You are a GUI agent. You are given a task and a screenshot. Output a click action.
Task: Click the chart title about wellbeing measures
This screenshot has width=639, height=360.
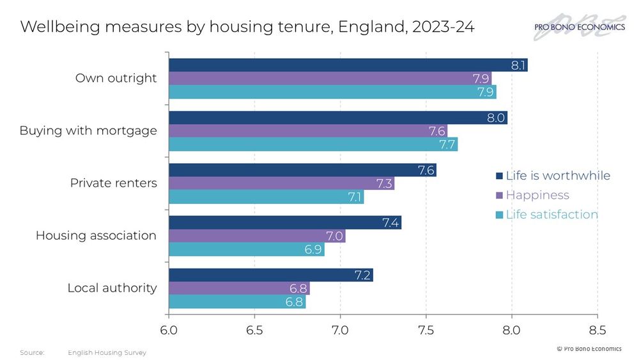(247, 27)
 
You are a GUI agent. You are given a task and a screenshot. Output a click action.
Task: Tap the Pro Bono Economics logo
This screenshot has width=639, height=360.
(579, 27)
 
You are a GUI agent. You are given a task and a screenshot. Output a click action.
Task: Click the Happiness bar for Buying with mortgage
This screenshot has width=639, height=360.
(307, 131)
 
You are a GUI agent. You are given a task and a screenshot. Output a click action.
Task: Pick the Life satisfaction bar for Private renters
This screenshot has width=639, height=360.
(266, 197)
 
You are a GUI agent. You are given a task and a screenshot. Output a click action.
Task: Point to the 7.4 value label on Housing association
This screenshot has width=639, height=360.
(391, 223)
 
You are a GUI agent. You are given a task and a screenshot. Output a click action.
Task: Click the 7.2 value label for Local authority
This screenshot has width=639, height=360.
(363, 276)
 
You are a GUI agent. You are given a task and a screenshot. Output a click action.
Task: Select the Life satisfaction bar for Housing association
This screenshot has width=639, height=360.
(246, 249)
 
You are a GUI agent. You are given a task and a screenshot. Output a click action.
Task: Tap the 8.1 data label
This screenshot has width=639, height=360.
(518, 65)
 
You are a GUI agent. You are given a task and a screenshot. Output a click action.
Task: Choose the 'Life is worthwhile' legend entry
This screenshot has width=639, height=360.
(553, 176)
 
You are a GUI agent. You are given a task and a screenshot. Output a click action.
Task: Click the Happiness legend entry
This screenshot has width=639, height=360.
(532, 195)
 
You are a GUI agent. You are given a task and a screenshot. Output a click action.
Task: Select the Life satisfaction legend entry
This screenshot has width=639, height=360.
(547, 215)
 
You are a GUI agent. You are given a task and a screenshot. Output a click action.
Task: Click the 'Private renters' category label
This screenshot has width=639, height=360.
(113, 184)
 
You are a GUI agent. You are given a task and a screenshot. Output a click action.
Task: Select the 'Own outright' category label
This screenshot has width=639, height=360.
(116, 79)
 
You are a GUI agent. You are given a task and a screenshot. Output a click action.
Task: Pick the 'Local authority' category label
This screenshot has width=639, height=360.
(112, 288)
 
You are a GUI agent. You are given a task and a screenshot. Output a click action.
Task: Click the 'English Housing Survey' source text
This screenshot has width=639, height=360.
(107, 353)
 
